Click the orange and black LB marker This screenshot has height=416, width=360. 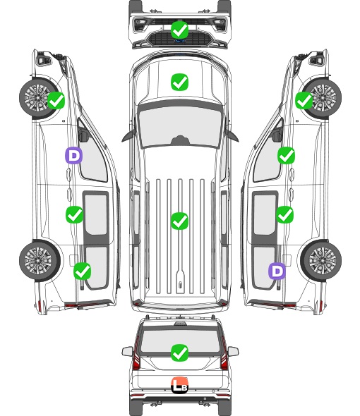point(179,385)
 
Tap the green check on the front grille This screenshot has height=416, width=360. point(179,30)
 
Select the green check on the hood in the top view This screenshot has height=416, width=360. point(179,82)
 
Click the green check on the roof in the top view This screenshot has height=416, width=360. point(179,221)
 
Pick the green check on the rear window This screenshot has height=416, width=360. point(179,353)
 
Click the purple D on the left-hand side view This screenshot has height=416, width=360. point(73,155)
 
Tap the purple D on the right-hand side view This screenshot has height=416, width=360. point(277,271)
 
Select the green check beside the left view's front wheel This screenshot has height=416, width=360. point(56,100)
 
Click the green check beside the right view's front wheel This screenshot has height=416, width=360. point(304,100)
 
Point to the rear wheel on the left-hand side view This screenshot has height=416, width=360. point(40,261)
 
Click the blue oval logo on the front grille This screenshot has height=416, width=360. point(180,41)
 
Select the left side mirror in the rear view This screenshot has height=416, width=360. point(128,352)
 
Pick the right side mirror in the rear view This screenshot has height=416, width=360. point(233,352)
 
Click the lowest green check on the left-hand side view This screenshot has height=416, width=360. point(82,271)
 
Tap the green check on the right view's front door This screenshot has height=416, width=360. point(286,155)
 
